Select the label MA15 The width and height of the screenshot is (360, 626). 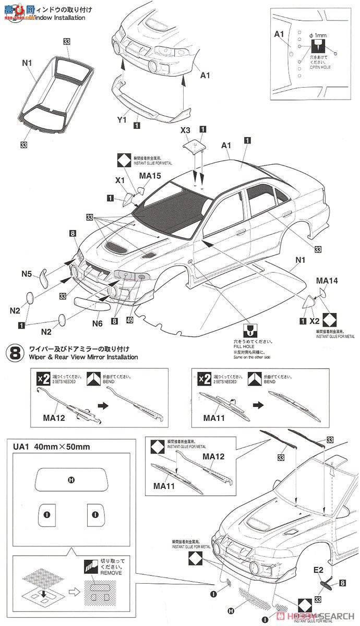(x=150, y=176)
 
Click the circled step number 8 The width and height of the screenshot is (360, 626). (x=14, y=353)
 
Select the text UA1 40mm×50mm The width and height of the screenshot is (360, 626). (x=55, y=447)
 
